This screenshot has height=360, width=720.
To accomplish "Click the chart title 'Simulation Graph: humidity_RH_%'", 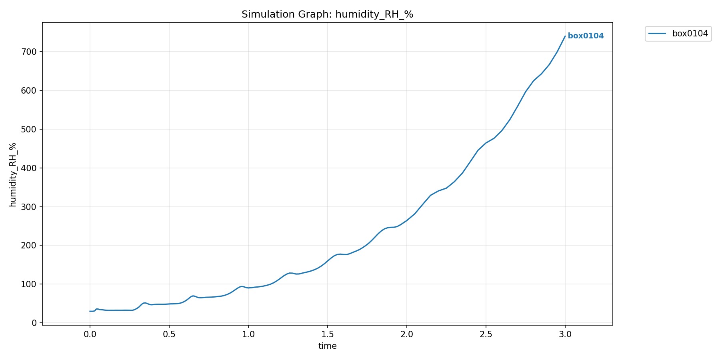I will click(327, 14).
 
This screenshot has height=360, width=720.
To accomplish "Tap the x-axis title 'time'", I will click(327, 346).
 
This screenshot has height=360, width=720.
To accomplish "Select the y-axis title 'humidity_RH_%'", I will click(13, 174).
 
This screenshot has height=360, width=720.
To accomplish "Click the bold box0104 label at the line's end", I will click(586, 36).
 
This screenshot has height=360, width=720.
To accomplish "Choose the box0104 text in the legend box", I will click(690, 34).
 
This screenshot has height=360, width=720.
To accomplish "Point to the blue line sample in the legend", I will click(657, 34).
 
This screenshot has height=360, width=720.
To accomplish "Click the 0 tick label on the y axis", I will click(34, 323).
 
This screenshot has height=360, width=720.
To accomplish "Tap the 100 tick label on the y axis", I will click(29, 284).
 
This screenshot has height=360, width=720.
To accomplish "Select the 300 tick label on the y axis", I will click(29, 207).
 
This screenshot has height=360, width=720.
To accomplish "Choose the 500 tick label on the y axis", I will click(29, 129).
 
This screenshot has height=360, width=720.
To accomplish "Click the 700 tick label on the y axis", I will click(29, 52).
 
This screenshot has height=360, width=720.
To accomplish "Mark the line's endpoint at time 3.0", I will click(565, 36).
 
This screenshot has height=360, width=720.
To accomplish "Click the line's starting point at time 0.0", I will click(90, 311).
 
